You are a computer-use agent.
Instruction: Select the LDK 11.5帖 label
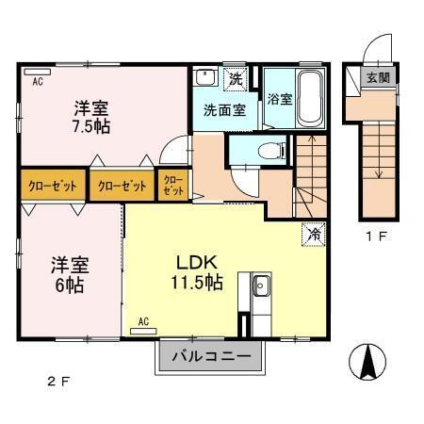coord(195,271)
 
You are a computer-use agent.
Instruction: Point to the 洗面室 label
coord(224,109)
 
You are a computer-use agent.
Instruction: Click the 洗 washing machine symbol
coord(238,77)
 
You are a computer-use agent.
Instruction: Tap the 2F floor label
coord(58,382)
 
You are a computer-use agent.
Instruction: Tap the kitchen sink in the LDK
coord(260,286)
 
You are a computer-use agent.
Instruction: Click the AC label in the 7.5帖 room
coord(38,82)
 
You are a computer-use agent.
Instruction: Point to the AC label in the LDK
coord(144,321)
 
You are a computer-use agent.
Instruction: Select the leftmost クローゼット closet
coord(53,186)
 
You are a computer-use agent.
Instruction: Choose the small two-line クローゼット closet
coord(172,186)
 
